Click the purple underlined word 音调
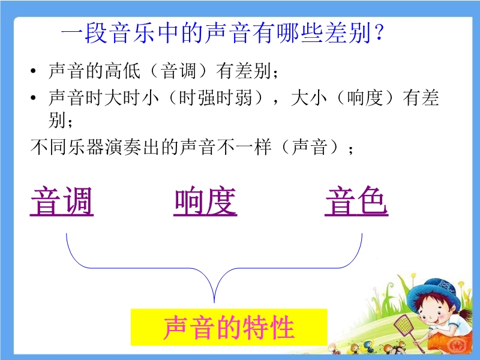click(x=62, y=202)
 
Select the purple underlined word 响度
click(x=205, y=202)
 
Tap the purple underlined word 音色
click(x=356, y=202)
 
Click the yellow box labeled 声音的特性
click(x=229, y=327)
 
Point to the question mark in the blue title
click(x=379, y=32)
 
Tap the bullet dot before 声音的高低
click(x=34, y=71)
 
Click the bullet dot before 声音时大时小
click(x=34, y=98)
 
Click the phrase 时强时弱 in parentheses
click(x=215, y=98)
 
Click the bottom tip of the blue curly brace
click(x=214, y=302)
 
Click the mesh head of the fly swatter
click(x=403, y=326)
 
